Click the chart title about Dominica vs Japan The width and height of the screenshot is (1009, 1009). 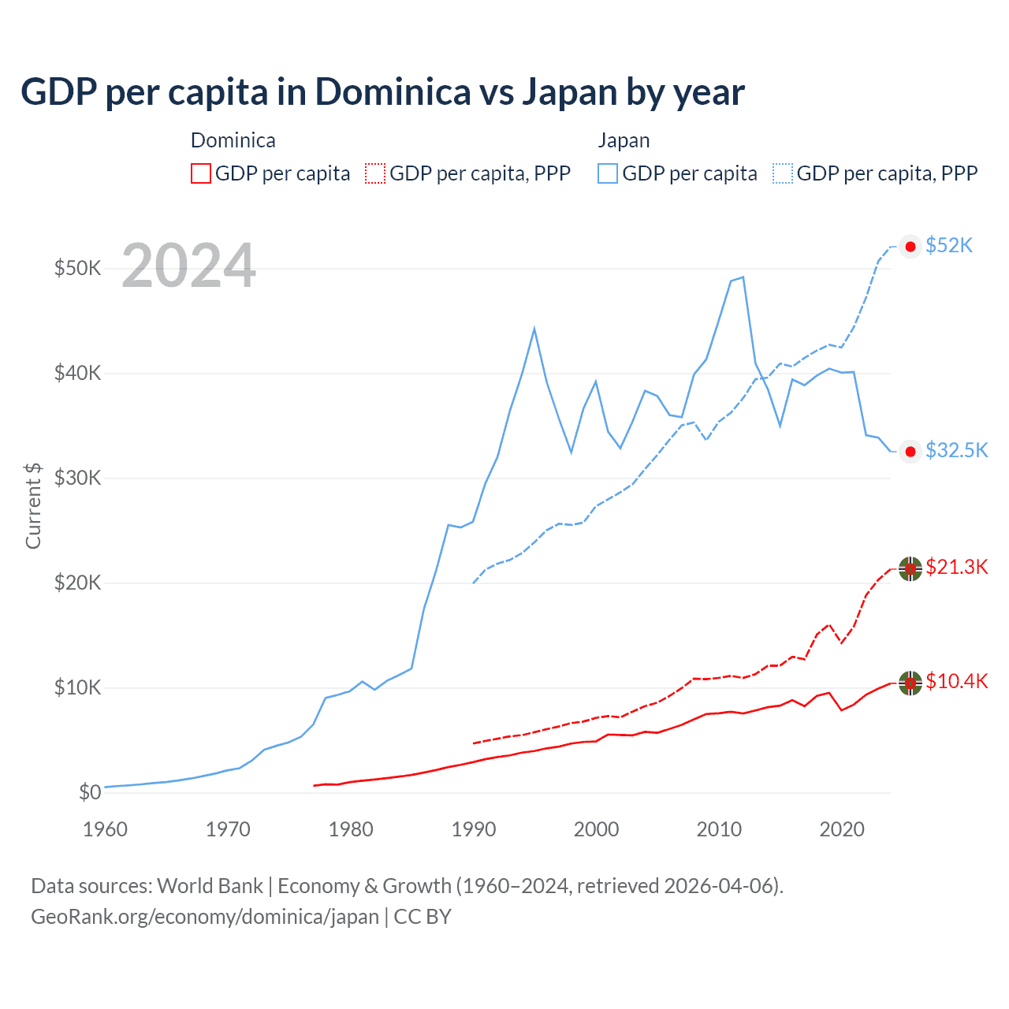point(382,92)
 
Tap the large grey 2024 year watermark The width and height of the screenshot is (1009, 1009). point(189,266)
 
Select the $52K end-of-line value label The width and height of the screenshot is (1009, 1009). point(949,246)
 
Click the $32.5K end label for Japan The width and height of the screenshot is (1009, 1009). point(956,450)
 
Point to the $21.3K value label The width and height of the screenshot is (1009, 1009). point(956,567)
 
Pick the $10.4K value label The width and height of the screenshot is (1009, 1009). point(956,681)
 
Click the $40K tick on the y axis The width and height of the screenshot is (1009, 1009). point(77,373)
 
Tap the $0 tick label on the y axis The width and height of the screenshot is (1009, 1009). point(90,792)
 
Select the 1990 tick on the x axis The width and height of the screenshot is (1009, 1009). point(474,829)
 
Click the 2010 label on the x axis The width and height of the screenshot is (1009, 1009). point(719,829)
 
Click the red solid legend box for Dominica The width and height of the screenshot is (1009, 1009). point(201,173)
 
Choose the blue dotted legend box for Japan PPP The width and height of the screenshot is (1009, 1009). point(783,173)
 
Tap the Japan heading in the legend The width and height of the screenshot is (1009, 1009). point(624,140)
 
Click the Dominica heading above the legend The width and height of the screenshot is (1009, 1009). point(233,140)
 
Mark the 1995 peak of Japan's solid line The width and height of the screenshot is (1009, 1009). point(534,328)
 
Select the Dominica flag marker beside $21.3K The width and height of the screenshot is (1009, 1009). point(910,568)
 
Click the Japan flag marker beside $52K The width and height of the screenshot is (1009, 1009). point(910,247)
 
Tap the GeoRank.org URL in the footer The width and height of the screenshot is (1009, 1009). point(205,917)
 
